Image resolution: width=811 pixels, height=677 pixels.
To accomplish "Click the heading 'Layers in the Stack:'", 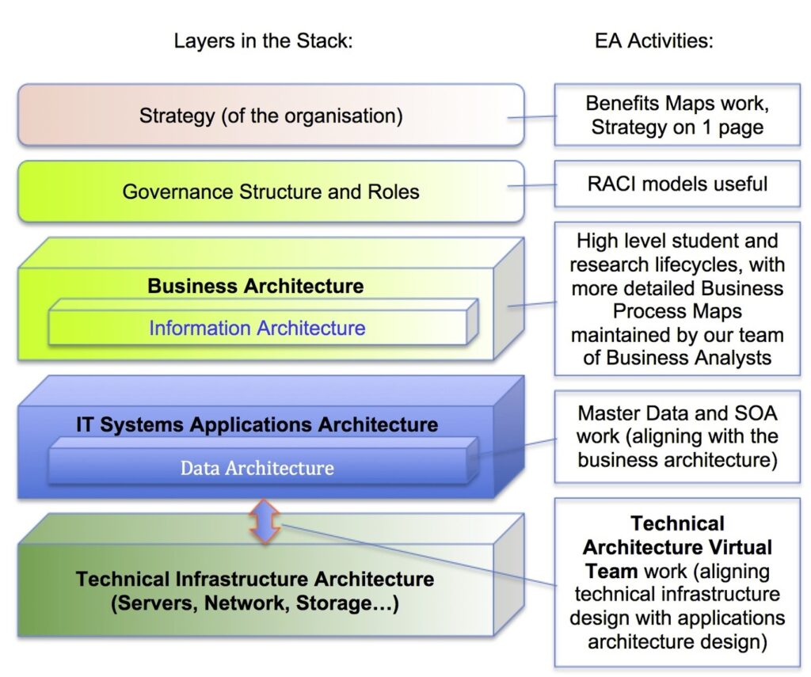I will (263, 41).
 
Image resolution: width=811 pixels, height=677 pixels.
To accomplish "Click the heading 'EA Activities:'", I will (653, 41).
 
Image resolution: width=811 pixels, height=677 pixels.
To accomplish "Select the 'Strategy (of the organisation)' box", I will (271, 116).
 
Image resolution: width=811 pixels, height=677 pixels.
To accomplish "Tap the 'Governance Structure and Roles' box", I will (271, 192).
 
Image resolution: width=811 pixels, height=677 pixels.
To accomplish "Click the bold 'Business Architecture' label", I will (255, 286).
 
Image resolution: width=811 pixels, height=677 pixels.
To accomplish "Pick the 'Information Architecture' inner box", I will (257, 328).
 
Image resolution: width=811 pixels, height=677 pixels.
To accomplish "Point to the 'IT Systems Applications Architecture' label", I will (257, 424).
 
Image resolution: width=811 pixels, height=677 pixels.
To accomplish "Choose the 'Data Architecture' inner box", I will (257, 468).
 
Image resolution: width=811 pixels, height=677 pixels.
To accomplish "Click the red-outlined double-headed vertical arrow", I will (264, 521).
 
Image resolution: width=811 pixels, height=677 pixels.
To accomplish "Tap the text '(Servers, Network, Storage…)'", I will (255, 604).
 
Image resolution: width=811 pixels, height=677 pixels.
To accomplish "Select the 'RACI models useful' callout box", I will (676, 184).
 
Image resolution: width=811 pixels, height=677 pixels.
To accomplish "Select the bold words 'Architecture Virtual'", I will (677, 547).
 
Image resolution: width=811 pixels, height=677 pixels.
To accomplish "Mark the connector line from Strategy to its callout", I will (539, 117).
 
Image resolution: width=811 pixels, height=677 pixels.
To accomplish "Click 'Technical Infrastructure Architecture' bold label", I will (255, 579).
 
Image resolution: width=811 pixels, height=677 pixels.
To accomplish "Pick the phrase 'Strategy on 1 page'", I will (676, 127).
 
